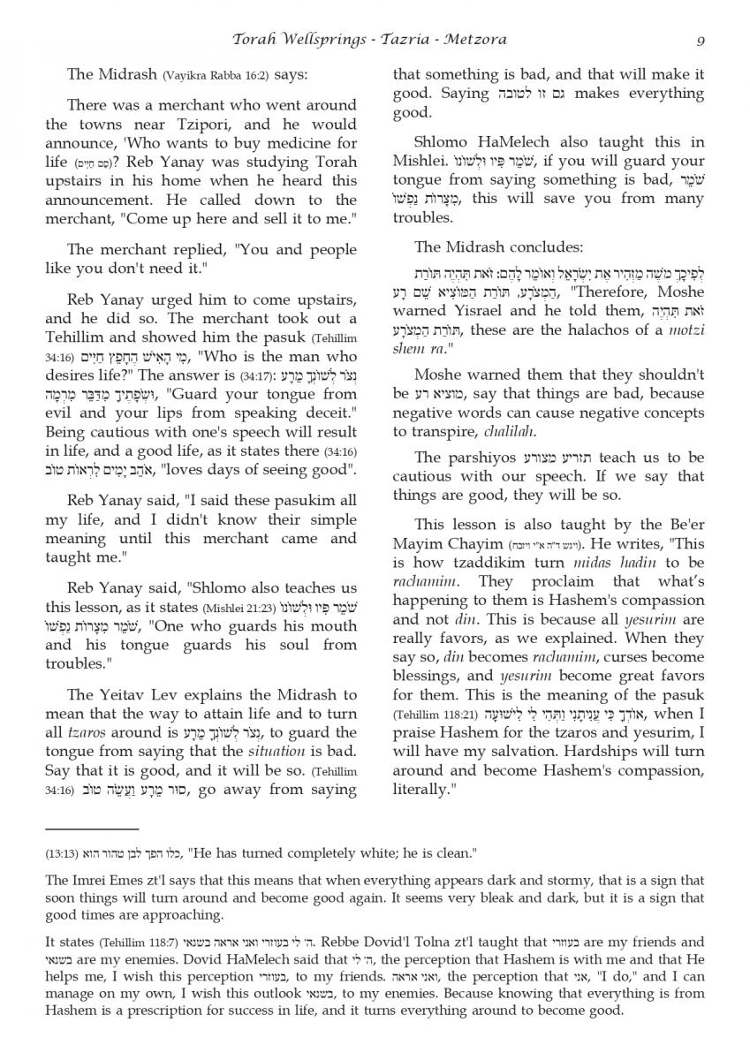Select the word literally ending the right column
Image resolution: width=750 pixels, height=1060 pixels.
pos(422,788)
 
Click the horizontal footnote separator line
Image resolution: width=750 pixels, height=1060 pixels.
pos(92,829)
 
